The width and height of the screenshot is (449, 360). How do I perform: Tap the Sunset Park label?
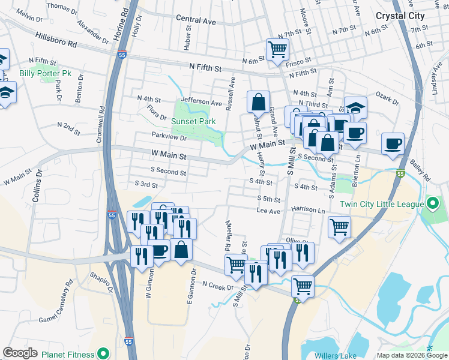click(x=193, y=121)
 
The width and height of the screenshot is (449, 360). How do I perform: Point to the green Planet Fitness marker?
click(x=102, y=354)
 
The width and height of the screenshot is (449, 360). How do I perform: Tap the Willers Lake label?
click(x=337, y=355)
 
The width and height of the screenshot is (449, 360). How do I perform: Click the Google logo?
click(x=20, y=353)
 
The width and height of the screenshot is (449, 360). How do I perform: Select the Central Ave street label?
click(x=196, y=20)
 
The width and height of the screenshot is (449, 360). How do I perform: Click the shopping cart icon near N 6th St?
click(x=277, y=49)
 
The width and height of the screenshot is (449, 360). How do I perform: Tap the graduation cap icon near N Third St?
click(x=355, y=108)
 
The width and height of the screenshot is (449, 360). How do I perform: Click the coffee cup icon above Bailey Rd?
click(x=393, y=144)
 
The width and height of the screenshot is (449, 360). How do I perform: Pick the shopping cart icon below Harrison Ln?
click(x=339, y=227)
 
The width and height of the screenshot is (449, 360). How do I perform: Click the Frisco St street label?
click(x=298, y=61)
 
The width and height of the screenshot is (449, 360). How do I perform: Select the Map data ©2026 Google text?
click(x=411, y=355)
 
